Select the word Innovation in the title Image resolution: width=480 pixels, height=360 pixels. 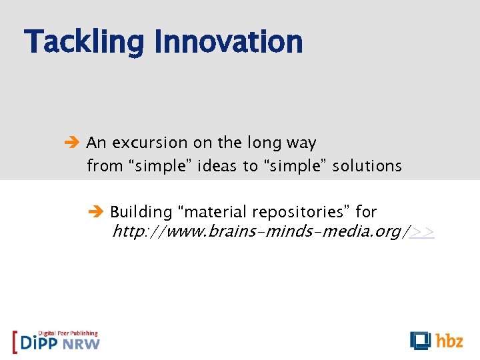228,42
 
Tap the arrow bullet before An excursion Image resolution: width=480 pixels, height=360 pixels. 74,143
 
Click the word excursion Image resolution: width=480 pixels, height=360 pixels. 150,143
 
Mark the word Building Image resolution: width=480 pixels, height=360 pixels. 141,212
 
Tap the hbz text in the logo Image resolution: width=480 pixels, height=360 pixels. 449,341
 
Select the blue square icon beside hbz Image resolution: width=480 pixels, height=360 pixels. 420,340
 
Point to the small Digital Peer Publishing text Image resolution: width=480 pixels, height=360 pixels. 68,333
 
